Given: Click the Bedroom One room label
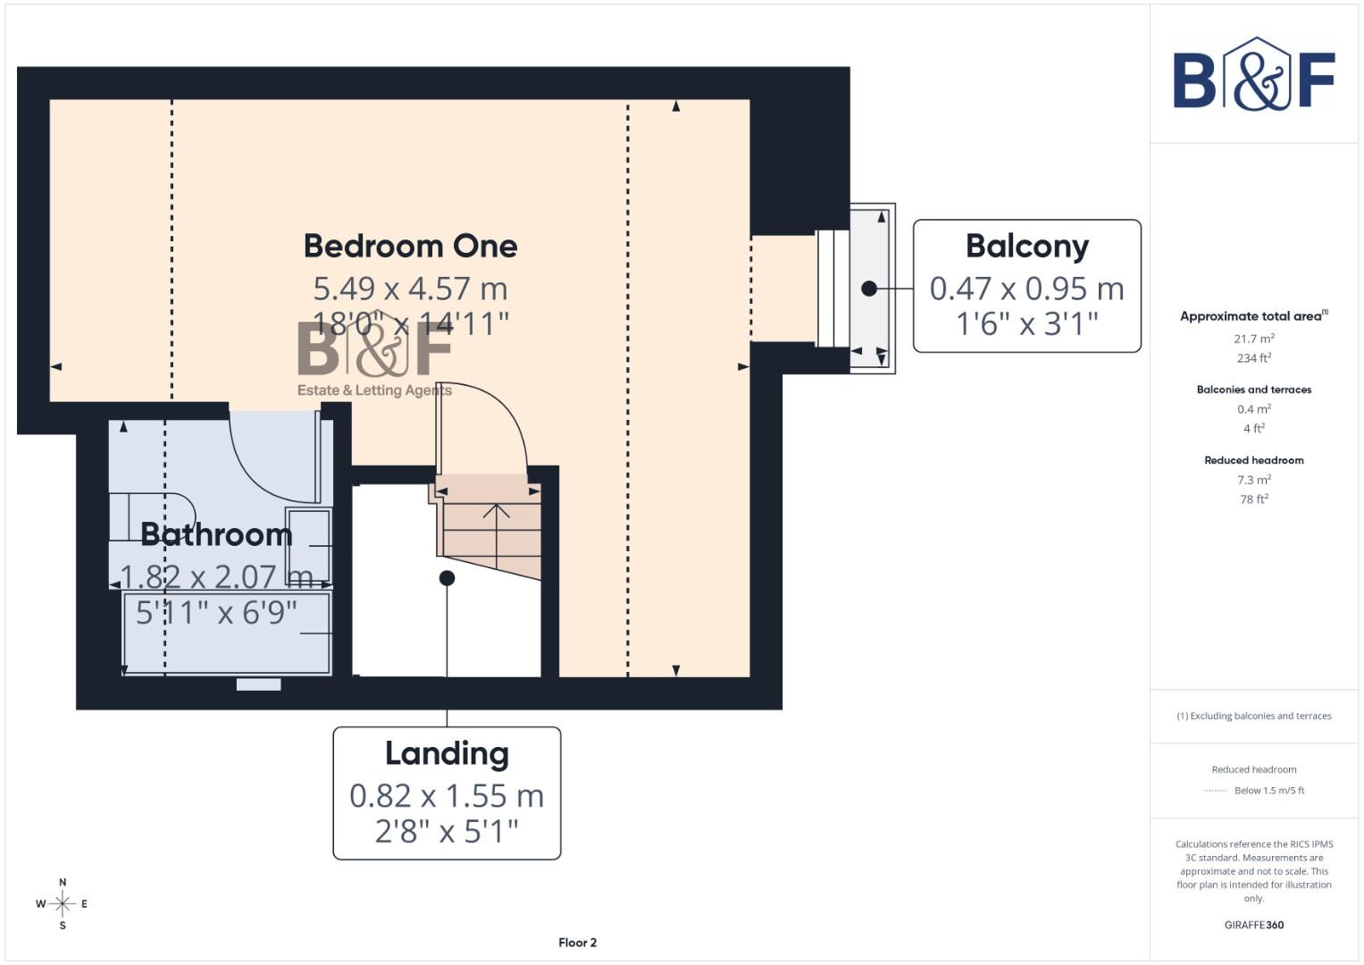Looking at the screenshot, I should coord(410,246).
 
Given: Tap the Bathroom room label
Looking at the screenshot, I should coord(216,534).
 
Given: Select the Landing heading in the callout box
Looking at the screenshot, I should coord(447,753).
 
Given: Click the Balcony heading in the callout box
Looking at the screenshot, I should coord(1026,246).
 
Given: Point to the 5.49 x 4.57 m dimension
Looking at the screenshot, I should coord(410,289).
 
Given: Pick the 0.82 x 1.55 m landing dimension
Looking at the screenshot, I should coord(447,795).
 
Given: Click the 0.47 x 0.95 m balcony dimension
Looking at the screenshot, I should coord(1026,289).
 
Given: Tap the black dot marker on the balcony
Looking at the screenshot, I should coord(869,289).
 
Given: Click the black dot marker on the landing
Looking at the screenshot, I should coord(447,578).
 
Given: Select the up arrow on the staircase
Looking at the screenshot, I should coord(497,512).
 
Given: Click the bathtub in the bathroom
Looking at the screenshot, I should coord(227,633).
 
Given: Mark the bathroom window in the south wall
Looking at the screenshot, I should coord(259,684).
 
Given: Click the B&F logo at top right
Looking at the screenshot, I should coord(1254,76).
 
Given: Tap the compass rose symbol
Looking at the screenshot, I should coord(63,904).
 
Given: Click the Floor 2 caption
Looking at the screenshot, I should coord(577,943).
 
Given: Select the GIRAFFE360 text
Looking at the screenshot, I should coord(1254,925).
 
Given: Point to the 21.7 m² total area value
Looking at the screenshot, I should coord(1254,339).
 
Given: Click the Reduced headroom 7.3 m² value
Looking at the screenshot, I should coord(1254,480).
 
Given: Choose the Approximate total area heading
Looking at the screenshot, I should coord(1252,316).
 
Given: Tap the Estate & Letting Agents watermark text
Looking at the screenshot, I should coord(374,390).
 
